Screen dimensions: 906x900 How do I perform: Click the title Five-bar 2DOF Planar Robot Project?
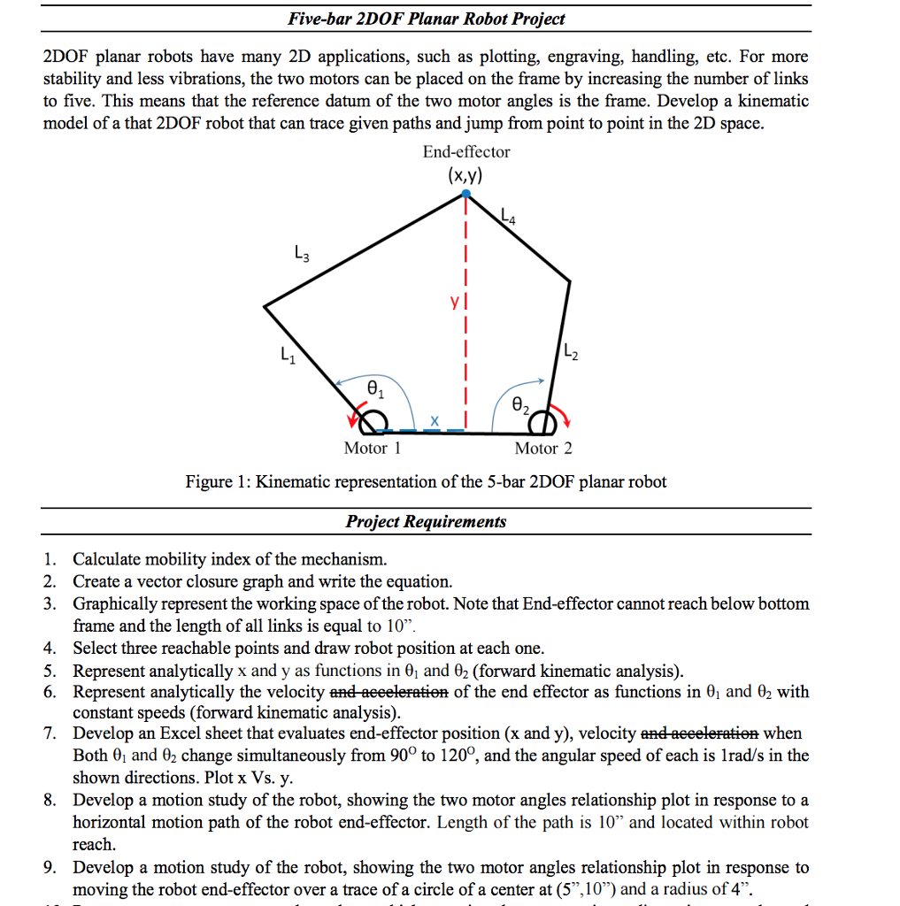426,19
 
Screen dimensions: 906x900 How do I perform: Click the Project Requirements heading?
426,521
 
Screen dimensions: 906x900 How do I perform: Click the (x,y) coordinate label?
465,174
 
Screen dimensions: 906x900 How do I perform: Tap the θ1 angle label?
375,389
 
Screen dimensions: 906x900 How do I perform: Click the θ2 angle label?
520,406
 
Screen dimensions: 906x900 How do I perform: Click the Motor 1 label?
372,449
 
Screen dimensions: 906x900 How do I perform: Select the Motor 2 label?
542,449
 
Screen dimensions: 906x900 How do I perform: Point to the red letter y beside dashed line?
452,303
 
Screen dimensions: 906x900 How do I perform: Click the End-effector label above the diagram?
465,152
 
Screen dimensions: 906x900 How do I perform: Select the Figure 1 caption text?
426,482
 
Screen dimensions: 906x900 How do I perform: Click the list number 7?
51,733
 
